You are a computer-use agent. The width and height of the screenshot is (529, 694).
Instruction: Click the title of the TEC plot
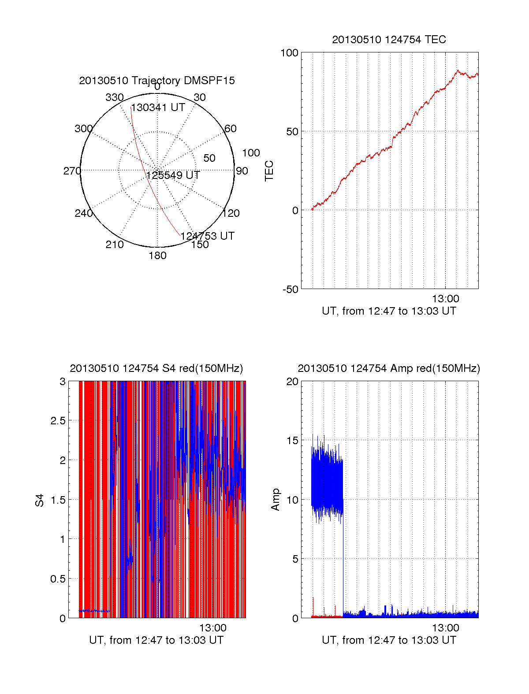tap(389, 40)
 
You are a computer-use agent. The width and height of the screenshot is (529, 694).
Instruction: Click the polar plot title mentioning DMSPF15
tap(157, 81)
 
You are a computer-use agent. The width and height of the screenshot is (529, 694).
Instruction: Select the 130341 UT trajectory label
tap(158, 108)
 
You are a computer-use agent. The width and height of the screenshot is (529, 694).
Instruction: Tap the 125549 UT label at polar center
tap(173, 175)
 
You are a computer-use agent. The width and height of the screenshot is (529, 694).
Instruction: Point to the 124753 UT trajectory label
tap(207, 236)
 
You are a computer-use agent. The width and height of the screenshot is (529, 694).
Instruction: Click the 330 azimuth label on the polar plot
tap(114, 97)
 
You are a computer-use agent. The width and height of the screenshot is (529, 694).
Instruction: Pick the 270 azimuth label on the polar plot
tap(72, 171)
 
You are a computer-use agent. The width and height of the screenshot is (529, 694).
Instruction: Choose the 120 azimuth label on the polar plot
tap(231, 213)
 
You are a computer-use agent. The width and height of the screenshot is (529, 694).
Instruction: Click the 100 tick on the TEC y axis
tap(290, 53)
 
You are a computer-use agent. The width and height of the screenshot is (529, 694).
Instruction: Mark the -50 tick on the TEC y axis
tap(291, 289)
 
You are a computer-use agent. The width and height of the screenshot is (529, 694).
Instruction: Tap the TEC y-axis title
tap(269, 171)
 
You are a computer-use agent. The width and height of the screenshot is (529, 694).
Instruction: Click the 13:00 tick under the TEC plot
tap(445, 299)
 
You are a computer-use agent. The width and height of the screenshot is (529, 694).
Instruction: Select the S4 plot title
tap(156, 368)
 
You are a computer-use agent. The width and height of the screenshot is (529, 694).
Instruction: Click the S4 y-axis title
tap(40, 500)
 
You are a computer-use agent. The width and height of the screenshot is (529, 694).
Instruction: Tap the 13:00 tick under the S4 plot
tap(213, 628)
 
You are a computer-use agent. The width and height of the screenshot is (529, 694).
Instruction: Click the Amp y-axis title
tap(276, 500)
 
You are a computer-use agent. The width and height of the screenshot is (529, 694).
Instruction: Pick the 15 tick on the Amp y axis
tap(292, 441)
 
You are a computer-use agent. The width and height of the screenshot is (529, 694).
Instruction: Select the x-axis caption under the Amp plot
tap(389, 640)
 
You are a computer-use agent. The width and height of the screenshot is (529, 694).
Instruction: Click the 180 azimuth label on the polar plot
tap(157, 256)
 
